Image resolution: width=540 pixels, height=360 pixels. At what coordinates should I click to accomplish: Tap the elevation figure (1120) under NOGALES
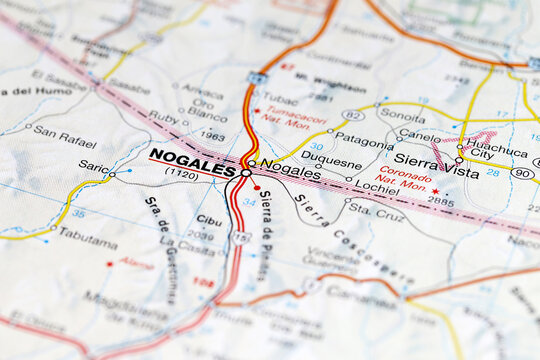[x=181, y=173]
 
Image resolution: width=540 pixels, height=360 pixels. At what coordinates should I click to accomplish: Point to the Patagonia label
[x=364, y=141]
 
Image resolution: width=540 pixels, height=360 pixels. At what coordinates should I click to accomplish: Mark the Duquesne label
[x=331, y=159]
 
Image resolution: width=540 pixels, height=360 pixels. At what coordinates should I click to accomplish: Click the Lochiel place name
[x=375, y=186]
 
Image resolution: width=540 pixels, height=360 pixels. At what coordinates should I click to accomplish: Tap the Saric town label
[x=93, y=167]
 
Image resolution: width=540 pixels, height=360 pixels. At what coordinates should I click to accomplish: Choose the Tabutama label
[x=87, y=231]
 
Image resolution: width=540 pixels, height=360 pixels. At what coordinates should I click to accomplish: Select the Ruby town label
[x=163, y=116]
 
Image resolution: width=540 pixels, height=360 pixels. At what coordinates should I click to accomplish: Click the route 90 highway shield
[x=521, y=173]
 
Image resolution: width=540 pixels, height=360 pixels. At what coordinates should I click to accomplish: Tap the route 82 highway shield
[x=352, y=114]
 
